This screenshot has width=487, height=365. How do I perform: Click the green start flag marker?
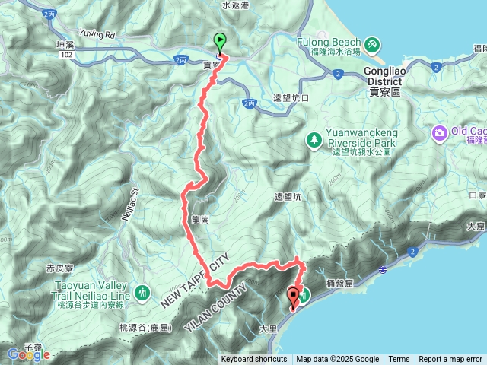220,43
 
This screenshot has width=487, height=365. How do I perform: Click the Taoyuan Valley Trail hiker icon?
142,291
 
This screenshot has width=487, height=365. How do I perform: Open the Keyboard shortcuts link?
253,360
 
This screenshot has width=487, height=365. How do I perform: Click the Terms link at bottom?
399,360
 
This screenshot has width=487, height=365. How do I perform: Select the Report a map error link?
450,360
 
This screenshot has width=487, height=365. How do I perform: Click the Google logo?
28,354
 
